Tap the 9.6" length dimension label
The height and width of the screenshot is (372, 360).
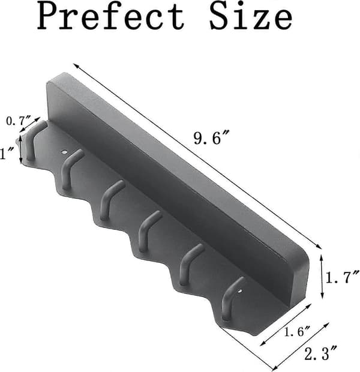point(211,138)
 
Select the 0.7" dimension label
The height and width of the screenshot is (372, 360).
point(19,121)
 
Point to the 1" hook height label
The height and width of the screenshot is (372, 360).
point(5,154)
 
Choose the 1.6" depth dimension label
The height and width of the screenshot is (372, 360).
point(297,331)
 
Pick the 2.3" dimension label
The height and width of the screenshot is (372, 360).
point(320,353)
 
